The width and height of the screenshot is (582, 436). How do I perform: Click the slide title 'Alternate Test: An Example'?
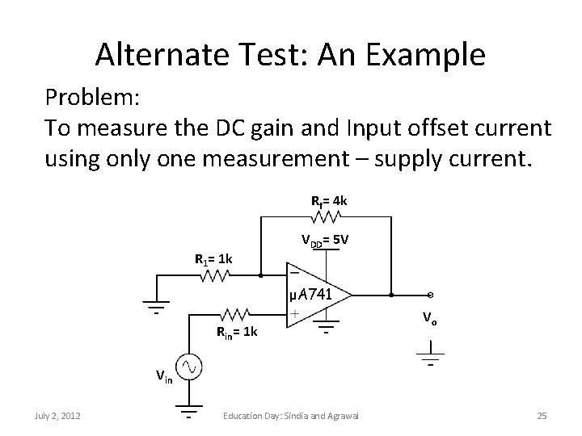pyautogui.click(x=290, y=54)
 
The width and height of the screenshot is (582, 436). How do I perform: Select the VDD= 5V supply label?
pyautogui.click(x=325, y=241)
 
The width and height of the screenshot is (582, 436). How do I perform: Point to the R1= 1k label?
pyautogui.click(x=214, y=259)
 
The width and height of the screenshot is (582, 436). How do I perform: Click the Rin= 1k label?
pyautogui.click(x=237, y=333)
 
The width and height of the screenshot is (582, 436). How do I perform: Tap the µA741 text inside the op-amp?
pyautogui.click(x=310, y=295)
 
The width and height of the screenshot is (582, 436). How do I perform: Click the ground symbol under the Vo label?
pyautogui.click(x=432, y=354)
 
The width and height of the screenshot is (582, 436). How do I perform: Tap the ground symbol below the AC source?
pyautogui.click(x=190, y=411)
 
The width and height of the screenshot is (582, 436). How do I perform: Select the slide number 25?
pyautogui.click(x=542, y=416)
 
